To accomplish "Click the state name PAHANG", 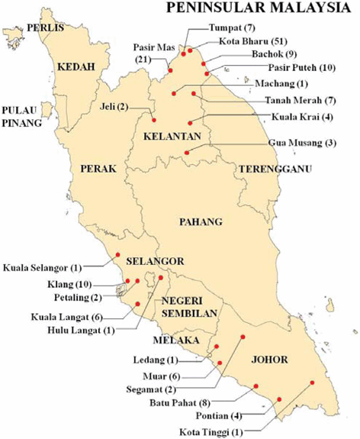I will (x=200, y=222).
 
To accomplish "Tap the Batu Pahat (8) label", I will (x=183, y=399).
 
